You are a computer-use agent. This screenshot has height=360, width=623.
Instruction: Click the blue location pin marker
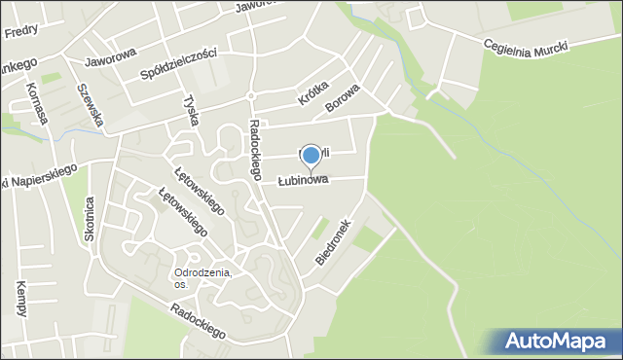point(311,156)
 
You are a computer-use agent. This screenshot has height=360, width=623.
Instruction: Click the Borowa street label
point(343,101)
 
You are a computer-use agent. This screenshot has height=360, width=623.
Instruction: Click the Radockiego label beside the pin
point(256,150)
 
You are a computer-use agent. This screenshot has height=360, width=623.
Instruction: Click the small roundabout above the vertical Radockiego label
point(250,95)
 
